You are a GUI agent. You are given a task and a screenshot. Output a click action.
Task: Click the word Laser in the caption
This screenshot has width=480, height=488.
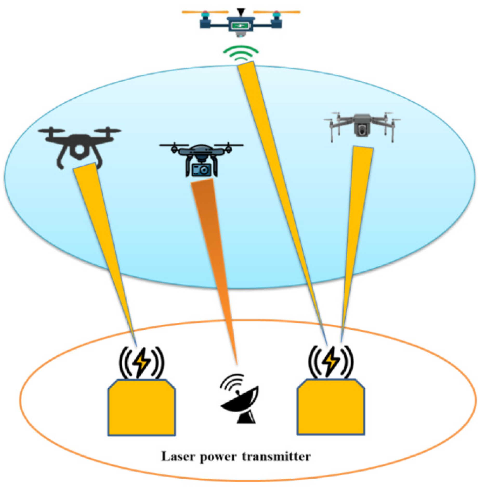pos(178,457)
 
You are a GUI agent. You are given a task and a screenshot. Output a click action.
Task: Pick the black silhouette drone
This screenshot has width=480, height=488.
pos(79,146)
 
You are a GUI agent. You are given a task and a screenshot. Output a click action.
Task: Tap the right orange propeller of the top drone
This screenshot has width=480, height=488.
pos(277,12)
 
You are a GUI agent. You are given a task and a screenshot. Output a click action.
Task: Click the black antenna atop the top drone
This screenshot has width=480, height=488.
pos(241,11)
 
